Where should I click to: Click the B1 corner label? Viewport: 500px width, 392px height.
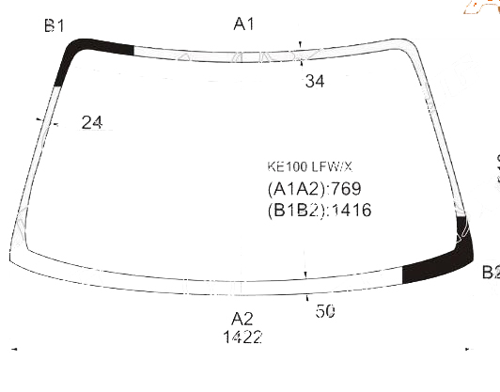(x=55, y=25)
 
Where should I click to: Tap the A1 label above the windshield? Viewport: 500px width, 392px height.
(x=244, y=24)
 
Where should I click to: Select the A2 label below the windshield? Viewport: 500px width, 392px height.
(x=242, y=319)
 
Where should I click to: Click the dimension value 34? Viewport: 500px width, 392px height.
(x=315, y=81)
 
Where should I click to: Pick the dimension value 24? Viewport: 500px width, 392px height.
(x=92, y=122)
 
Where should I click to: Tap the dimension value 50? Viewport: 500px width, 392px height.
(x=325, y=311)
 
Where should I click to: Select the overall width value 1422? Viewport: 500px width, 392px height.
(x=243, y=337)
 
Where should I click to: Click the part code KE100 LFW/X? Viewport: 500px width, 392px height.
(x=309, y=166)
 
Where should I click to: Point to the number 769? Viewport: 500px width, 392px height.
(x=346, y=189)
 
